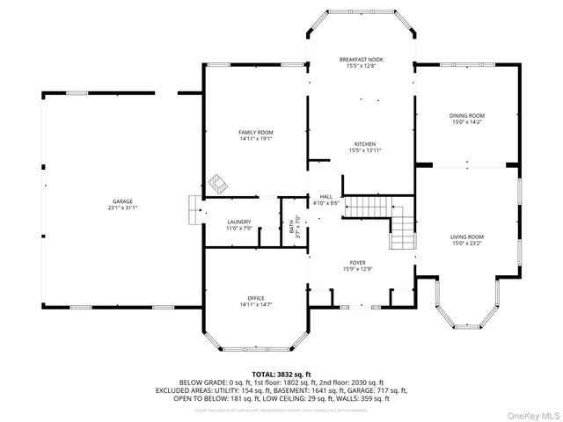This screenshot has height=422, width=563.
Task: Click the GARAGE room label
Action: click(122, 201)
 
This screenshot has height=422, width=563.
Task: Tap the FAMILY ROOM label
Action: click(256, 132)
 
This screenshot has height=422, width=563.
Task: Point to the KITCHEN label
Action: click(365, 144)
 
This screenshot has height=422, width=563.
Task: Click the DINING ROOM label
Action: click(467, 115)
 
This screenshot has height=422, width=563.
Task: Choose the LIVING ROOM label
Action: click(467, 236)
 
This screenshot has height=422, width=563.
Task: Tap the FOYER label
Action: click(358, 262)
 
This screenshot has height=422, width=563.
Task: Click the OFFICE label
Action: click(256, 298)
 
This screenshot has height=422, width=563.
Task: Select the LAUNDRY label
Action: click(239, 222)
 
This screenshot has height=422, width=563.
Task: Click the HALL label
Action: click(325, 197)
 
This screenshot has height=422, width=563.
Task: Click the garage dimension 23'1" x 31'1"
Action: click(122, 207)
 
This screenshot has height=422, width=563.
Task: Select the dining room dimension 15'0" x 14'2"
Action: click(467, 121)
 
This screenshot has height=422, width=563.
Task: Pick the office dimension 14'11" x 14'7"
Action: click(256, 304)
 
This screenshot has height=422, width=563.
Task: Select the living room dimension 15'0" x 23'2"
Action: click(467, 243)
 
